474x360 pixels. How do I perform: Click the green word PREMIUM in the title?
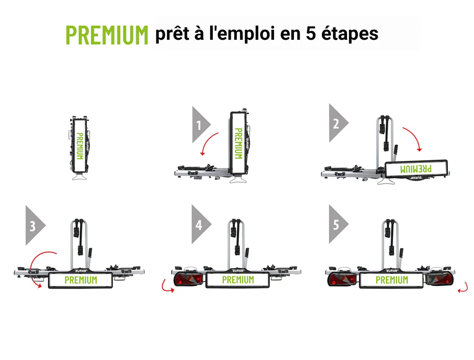pos(107,35)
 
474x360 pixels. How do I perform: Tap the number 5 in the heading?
pos(311,33)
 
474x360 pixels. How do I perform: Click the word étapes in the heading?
pos(350,33)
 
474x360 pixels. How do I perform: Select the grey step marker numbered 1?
pos(201,125)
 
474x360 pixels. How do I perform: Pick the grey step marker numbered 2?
pos(338,123)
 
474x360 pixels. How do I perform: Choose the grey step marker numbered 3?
pos(35,225)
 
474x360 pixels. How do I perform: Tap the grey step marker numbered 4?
pos(201,225)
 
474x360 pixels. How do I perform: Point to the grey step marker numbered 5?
pos(338,225)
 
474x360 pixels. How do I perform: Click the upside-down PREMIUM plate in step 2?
pos(416,169)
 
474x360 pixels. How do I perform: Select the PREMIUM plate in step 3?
pos(81,280)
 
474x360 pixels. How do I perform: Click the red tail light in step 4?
pos(188,279)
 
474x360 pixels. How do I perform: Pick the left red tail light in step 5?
pos(342,279)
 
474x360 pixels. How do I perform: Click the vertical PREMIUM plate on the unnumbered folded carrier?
pos(80,146)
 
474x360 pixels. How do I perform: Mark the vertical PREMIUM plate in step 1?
pos(238,143)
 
